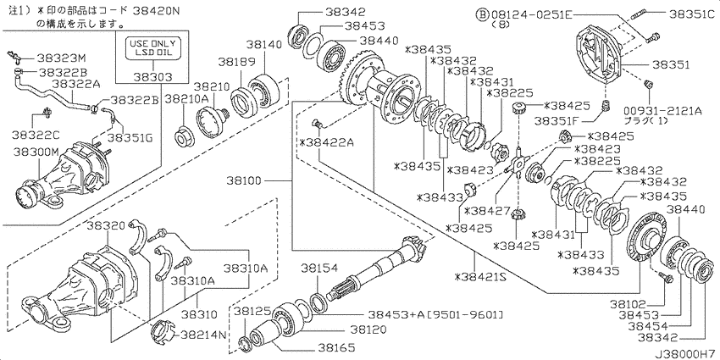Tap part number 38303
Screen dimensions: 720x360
tap(152, 77)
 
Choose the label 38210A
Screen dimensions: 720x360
tap(186, 98)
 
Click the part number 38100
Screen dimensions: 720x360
tap(244, 181)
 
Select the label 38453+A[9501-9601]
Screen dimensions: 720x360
tap(435, 314)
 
